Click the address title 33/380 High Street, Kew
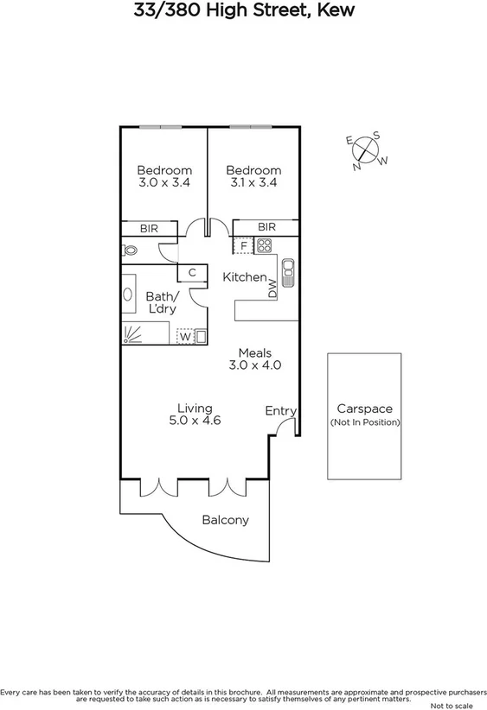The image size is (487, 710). (243, 11)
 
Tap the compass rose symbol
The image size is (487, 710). (368, 150)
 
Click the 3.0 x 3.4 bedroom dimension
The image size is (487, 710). (164, 183)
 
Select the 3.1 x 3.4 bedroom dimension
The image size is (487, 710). (254, 183)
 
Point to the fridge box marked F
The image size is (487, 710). (244, 245)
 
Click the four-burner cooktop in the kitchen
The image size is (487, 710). (265, 245)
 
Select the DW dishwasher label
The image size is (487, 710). (272, 288)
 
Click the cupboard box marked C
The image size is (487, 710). (192, 273)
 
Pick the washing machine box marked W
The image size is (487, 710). (184, 336)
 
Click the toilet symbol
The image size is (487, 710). (130, 250)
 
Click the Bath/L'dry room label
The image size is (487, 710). (162, 302)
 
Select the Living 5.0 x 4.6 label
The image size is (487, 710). (195, 415)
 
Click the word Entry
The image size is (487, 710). (280, 411)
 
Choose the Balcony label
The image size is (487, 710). (225, 520)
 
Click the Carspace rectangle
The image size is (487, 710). (364, 415)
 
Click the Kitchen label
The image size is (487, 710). (245, 277)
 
